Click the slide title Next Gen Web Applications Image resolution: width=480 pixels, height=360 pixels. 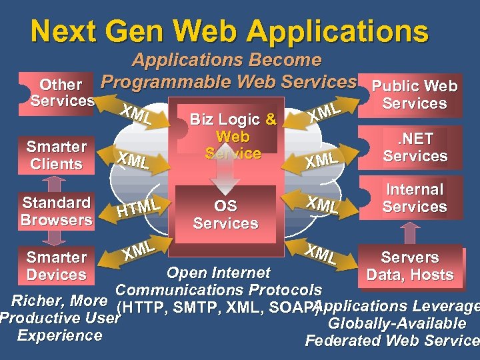[x=229, y=31]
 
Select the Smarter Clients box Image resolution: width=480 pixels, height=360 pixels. [x=57, y=155]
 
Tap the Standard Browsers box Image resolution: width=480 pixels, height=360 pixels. [x=56, y=211]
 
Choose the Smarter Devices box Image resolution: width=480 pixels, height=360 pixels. [x=57, y=265]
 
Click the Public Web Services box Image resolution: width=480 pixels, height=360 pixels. [x=414, y=95]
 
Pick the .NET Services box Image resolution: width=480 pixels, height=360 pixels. [x=414, y=147]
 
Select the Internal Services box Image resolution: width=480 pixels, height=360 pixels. [x=414, y=198]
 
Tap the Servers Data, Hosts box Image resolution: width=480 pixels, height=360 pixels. [x=410, y=265]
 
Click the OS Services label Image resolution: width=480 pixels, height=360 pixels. [x=225, y=215]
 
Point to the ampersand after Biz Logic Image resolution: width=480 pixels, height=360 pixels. [x=271, y=119]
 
